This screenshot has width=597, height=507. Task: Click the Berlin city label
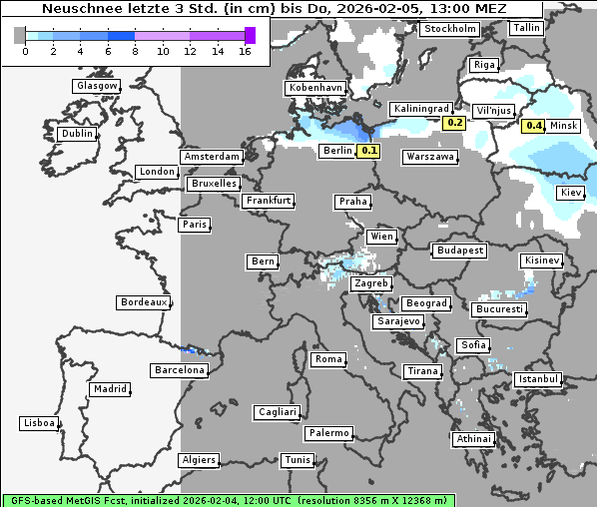pyautogui.click(x=336, y=151)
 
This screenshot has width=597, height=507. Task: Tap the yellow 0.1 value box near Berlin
pyautogui.click(x=368, y=151)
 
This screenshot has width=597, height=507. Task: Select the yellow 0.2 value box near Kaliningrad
pyautogui.click(x=454, y=122)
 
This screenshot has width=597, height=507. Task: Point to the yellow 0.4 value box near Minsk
pyautogui.click(x=533, y=126)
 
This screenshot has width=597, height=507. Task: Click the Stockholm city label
pyautogui.click(x=448, y=29)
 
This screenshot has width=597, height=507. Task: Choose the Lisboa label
pyautogui.click(x=39, y=423)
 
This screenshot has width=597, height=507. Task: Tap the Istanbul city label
pyautogui.click(x=538, y=380)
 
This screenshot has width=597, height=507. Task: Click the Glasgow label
pyautogui.click(x=97, y=86)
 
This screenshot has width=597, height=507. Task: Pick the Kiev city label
pyautogui.click(x=571, y=192)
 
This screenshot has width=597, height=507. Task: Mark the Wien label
pyautogui.click(x=381, y=237)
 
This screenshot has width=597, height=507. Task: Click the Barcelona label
pyautogui.click(x=179, y=370)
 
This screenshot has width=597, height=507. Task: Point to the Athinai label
pyautogui.click(x=472, y=439)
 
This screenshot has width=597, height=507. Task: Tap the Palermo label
pyautogui.click(x=328, y=433)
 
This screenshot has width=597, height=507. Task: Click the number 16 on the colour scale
pyautogui.click(x=244, y=51)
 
